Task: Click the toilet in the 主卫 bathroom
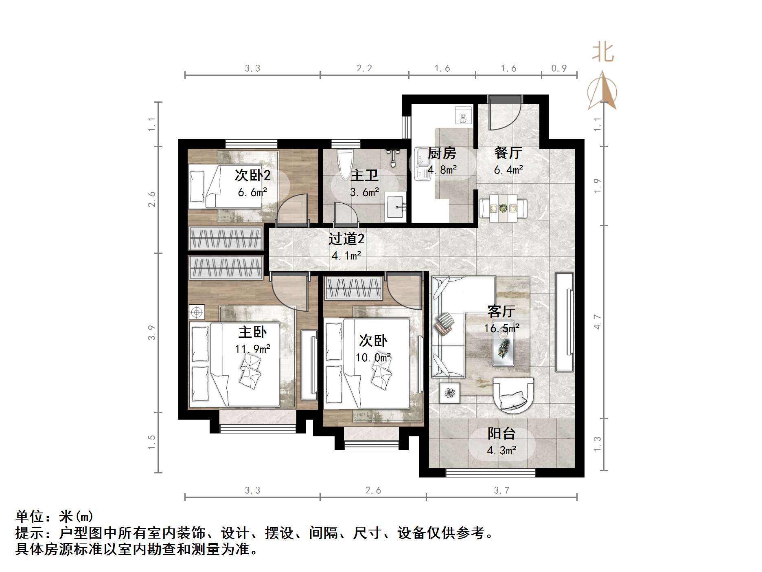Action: [346, 163]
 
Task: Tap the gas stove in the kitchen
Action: [463, 115]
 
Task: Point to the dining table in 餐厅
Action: [504, 208]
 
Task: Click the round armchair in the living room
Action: [513, 395]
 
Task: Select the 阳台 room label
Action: [501, 433]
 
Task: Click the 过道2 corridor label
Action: [346, 239]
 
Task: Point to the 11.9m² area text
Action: [253, 349]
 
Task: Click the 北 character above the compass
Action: [603, 53]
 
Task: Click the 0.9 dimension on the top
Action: [559, 68]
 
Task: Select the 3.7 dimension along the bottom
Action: [501, 491]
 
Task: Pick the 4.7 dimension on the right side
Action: [597, 322]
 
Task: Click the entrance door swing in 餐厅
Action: [504, 114]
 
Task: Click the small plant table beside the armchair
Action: [449, 393]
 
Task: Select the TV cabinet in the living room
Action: [565, 322]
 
